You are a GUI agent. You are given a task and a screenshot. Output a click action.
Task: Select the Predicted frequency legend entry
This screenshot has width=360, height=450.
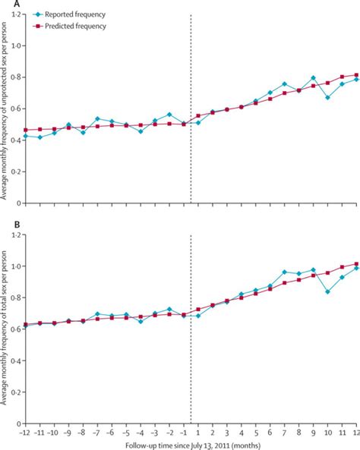click(x=77, y=26)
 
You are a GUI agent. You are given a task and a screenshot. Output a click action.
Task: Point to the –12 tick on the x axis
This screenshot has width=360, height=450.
click(x=26, y=432)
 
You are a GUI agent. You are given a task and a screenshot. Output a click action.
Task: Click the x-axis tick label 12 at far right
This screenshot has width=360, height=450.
click(x=355, y=432)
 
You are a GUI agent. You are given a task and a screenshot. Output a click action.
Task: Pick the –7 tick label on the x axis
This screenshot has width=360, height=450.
click(x=96, y=432)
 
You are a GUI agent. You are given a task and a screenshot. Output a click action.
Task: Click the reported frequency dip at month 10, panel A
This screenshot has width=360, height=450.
click(x=327, y=97)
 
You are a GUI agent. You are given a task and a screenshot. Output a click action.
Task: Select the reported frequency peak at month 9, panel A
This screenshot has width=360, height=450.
click(x=313, y=78)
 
